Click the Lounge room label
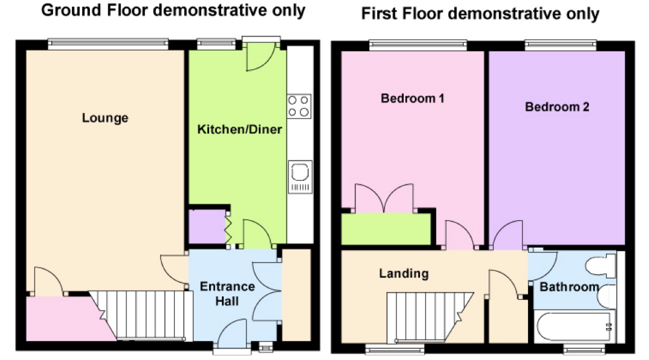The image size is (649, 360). (105, 118)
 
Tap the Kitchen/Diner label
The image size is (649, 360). (239, 129)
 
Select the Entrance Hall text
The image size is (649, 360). (227, 294)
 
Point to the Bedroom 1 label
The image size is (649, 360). (412, 98)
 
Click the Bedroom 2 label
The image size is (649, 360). (557, 107)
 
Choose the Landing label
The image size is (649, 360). (404, 274)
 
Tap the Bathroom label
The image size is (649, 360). (569, 287)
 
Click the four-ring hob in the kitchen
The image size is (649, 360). (299, 106)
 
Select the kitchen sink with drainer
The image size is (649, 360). (300, 177)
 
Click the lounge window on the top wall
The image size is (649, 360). (108, 44)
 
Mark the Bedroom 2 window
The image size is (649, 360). (560, 45)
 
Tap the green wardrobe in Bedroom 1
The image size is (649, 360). (386, 229)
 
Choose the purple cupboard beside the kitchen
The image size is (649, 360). (206, 227)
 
